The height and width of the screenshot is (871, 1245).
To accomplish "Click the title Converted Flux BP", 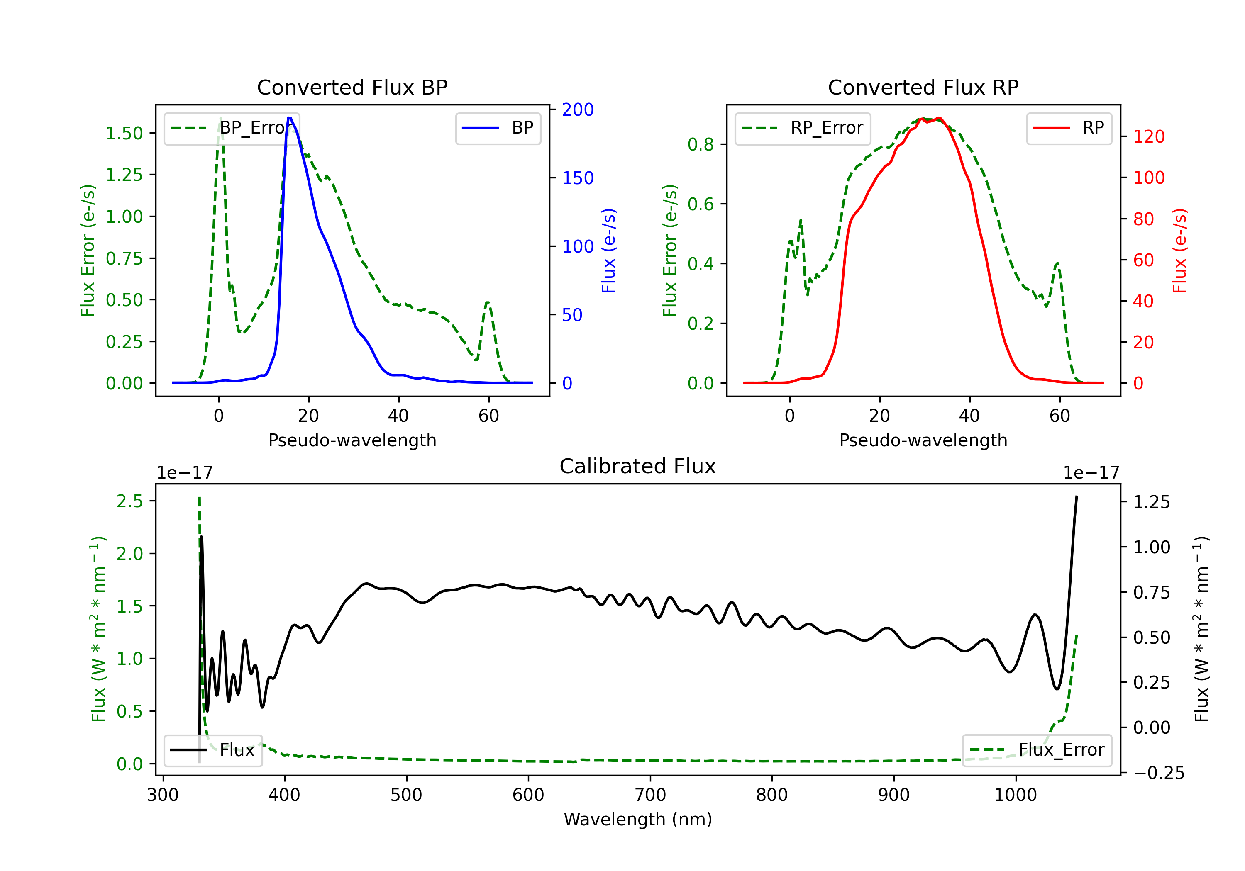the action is pos(352,87).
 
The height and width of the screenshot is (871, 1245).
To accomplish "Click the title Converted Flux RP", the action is pos(923,87).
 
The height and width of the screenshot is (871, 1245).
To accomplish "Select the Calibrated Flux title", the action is pos(638,466).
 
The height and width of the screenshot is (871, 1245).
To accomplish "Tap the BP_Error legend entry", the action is pos(232,128).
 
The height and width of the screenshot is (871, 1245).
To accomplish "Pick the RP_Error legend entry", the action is pos(803,128).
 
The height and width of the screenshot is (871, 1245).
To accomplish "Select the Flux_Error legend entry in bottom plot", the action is pos(1037,750).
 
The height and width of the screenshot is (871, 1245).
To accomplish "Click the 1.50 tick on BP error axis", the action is pos(124,133).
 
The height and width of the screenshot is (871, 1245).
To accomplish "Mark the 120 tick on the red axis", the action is pos(1148,136).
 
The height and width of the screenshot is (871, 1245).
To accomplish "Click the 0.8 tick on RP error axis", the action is pos(700,145).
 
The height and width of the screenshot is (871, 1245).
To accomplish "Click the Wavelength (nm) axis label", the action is pos(638,820).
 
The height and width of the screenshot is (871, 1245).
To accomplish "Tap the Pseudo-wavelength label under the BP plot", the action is pos(352,440).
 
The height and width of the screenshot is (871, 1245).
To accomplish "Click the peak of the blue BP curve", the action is pos(290,118).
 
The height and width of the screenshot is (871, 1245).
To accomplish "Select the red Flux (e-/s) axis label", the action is pos(1179,251).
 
